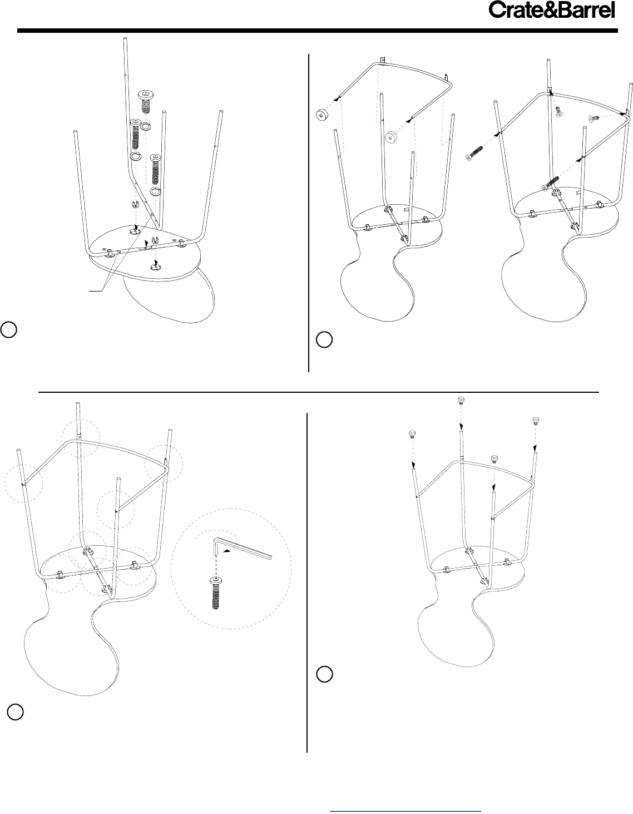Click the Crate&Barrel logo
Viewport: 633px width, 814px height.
pos(552,10)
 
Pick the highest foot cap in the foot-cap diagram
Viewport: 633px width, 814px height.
pos(461,401)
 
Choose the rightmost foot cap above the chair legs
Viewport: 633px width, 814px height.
pos(536,421)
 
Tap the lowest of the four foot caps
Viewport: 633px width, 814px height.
pos(495,459)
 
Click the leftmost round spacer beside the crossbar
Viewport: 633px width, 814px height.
pos(322,115)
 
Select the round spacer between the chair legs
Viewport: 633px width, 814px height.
pos(392,137)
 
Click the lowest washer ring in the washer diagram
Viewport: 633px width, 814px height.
pos(155,192)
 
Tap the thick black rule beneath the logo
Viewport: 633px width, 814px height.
pos(318,31)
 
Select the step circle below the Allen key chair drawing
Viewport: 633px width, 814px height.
pos(16,712)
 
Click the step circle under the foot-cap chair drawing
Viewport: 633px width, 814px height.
pos(324,674)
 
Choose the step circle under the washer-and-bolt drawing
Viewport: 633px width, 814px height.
pos(8,329)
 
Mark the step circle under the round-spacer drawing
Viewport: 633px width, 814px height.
pos(324,340)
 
